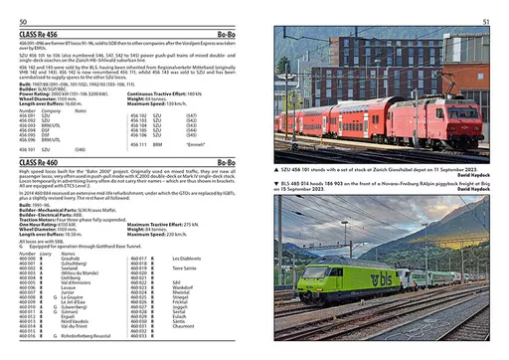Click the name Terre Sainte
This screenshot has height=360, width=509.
point(184,268)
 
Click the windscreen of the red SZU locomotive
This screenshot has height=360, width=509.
point(471,111)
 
